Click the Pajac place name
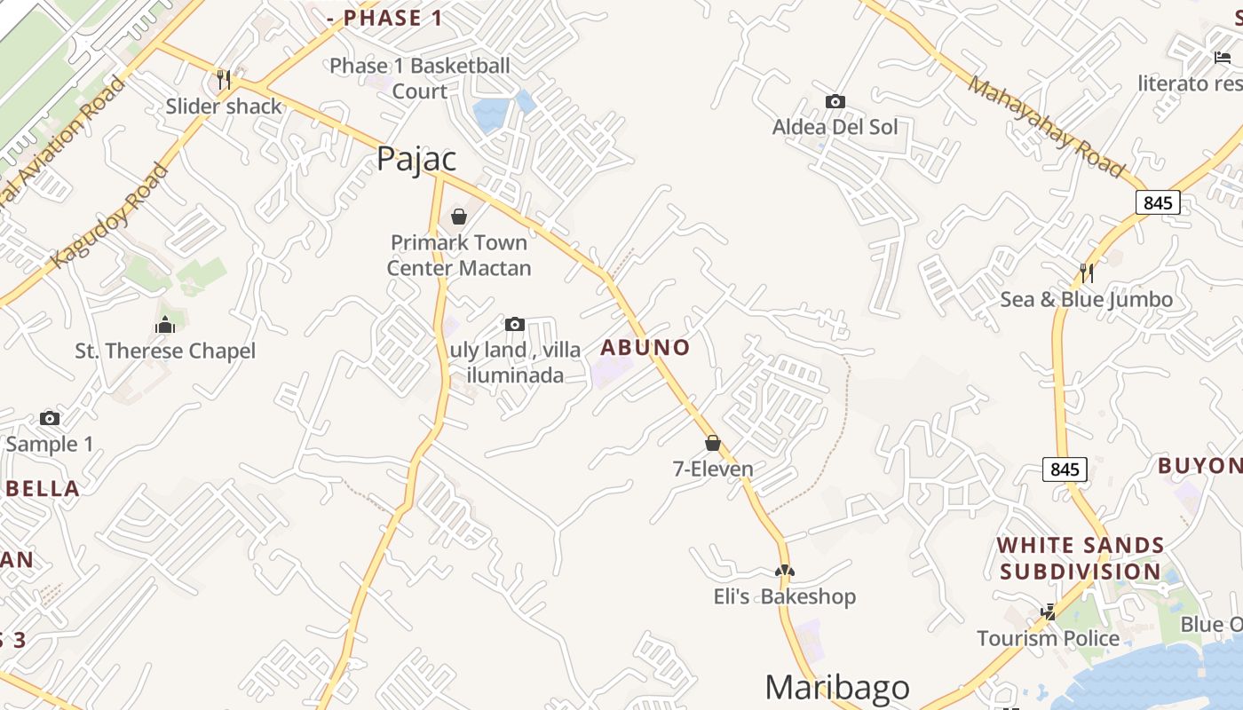(416, 159)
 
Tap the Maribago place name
(836, 688)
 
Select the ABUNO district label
(645, 347)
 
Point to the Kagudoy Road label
(110, 216)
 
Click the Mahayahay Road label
(1046, 126)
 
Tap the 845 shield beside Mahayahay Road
(1158, 202)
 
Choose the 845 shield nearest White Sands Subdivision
(1064, 469)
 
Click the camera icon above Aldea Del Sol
(835, 101)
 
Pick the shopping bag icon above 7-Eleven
(712, 443)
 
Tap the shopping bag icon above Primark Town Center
(459, 217)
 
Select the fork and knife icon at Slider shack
(224, 80)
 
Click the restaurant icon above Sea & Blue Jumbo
(1085, 272)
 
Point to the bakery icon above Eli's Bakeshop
(784, 571)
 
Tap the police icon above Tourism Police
(1048, 611)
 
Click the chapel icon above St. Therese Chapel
(165, 325)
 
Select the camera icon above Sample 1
(50, 418)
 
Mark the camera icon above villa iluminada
(514, 324)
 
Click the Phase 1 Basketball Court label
(420, 78)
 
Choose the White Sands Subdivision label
(1081, 558)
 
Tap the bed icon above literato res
(1222, 58)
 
